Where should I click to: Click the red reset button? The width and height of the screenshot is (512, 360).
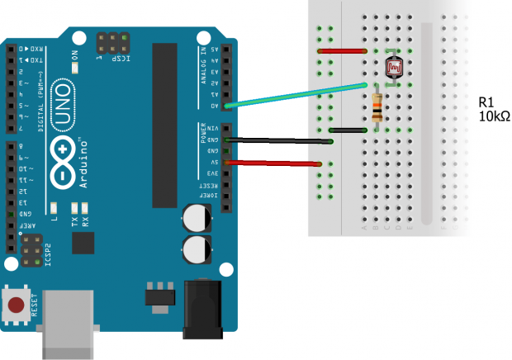[x=15, y=306]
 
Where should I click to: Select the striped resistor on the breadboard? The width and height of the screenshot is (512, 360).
[x=377, y=107]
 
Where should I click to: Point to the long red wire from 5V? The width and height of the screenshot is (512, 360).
[x=273, y=163]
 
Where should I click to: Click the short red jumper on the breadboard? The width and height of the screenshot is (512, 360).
[x=343, y=51]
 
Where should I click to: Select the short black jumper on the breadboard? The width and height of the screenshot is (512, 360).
[x=348, y=130]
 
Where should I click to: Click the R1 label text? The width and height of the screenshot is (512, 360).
[x=486, y=102]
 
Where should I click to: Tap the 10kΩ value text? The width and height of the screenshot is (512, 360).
[x=494, y=116]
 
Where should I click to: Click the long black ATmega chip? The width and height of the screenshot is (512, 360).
[x=164, y=124]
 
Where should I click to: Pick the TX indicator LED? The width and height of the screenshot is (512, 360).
[x=74, y=207]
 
